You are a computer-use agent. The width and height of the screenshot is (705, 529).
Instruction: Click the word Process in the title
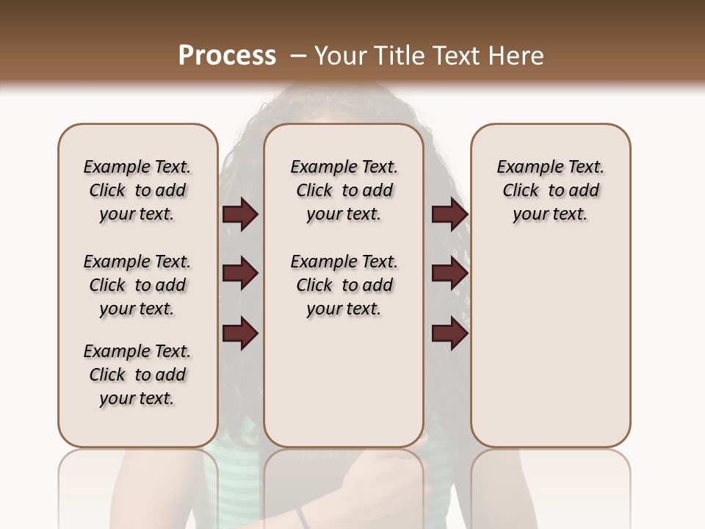(227, 56)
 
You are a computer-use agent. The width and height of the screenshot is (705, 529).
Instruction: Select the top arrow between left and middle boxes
(240, 215)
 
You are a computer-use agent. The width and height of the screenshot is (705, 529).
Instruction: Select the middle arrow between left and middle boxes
(240, 274)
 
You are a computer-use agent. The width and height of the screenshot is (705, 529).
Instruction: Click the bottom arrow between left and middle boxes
(240, 334)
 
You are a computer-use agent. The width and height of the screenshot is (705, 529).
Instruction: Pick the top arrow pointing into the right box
(449, 215)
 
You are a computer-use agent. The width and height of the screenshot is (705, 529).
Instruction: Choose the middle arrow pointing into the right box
(449, 274)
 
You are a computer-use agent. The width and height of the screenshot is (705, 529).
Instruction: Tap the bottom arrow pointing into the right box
(449, 334)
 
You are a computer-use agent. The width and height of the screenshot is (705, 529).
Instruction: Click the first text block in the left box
(137, 190)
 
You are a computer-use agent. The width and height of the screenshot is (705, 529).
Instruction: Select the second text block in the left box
(137, 285)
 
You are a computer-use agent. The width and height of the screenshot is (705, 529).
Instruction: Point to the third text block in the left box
(137, 375)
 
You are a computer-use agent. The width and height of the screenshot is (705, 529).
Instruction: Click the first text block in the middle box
(344, 190)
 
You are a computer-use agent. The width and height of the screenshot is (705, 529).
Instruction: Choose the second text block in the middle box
(344, 285)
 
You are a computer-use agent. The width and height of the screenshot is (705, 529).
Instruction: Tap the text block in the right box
(550, 190)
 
